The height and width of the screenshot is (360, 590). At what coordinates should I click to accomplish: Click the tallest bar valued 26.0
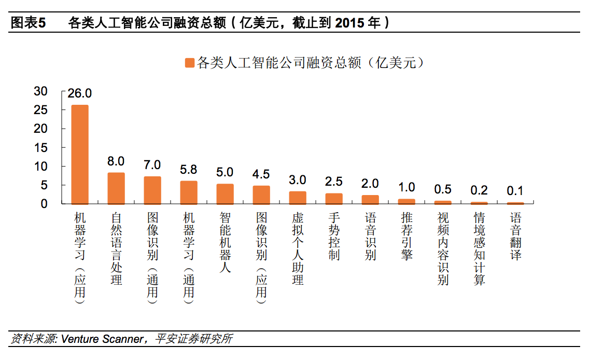[80, 155]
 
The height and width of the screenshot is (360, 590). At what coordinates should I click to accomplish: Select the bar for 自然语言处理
[116, 188]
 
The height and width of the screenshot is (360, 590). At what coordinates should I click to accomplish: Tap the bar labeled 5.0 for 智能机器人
[225, 194]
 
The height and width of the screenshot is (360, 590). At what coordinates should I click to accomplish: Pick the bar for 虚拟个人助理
[298, 198]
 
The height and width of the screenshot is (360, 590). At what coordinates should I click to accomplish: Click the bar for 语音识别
[370, 200]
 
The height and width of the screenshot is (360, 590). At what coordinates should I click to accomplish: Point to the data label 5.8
[188, 170]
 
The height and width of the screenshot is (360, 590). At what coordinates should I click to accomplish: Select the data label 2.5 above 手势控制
[333, 182]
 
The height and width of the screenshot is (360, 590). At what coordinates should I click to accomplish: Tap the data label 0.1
[515, 191]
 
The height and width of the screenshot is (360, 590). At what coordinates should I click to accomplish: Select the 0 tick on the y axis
[44, 204]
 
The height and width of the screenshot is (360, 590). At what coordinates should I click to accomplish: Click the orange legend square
[189, 63]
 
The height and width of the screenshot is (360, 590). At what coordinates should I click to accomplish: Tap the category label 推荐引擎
[406, 236]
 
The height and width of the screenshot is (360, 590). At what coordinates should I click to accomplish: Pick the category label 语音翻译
[515, 236]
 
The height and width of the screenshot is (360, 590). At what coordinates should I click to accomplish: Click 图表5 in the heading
[29, 23]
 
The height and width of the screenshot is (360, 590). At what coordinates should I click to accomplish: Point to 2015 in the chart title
[349, 23]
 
